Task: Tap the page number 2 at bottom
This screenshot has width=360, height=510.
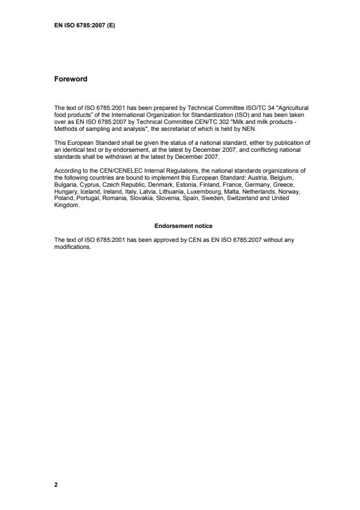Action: [x=56, y=484]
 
